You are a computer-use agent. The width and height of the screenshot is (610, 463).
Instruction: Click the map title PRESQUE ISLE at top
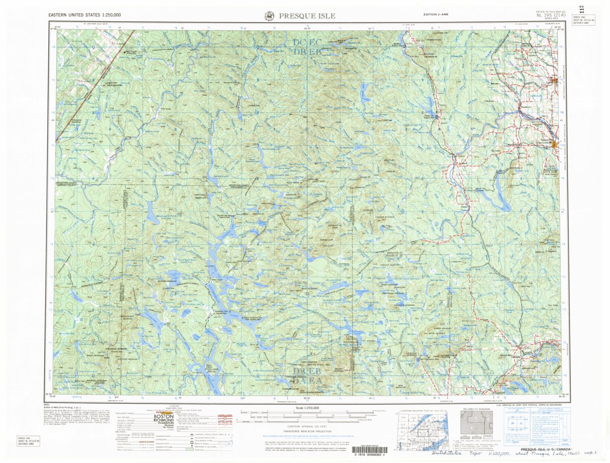click(x=307, y=16)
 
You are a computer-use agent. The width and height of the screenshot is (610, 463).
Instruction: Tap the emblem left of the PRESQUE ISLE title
click(x=269, y=16)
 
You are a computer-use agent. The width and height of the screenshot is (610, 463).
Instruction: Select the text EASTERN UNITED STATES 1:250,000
click(x=84, y=15)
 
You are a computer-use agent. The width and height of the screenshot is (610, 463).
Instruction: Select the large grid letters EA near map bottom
click(x=315, y=380)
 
